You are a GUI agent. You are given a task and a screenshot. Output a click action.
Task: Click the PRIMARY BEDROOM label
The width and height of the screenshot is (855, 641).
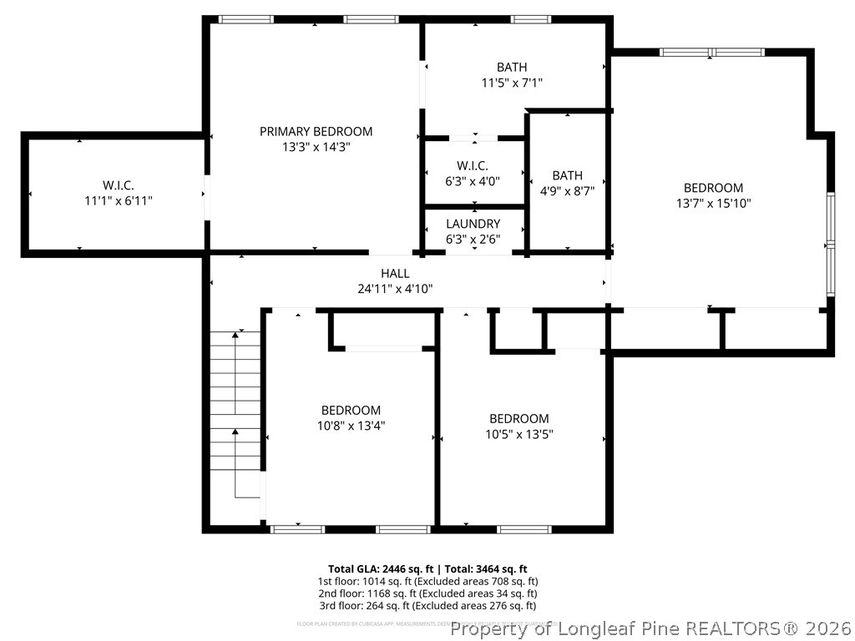click(x=316, y=131)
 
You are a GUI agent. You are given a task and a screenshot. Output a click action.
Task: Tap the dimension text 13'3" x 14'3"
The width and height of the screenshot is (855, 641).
click(x=316, y=147)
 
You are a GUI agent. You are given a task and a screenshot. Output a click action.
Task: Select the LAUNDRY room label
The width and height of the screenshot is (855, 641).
click(x=473, y=224)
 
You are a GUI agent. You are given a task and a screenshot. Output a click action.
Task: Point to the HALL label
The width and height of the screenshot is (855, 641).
click(x=395, y=273)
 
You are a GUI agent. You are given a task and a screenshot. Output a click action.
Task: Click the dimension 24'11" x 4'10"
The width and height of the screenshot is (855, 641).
click(x=395, y=289)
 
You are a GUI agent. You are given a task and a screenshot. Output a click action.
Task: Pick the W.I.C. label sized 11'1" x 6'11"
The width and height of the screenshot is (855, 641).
click(x=119, y=184)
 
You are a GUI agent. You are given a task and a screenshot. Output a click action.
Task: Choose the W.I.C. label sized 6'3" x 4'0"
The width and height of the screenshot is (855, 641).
click(x=473, y=165)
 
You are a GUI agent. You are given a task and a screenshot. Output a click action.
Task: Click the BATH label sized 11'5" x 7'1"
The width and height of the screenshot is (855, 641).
click(x=512, y=67)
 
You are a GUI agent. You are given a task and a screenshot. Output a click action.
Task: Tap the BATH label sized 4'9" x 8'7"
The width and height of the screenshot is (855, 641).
click(x=567, y=175)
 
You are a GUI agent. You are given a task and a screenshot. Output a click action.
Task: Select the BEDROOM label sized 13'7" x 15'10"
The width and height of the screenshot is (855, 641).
click(x=713, y=188)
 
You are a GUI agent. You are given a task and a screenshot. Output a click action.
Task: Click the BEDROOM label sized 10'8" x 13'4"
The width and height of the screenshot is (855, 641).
click(x=351, y=410)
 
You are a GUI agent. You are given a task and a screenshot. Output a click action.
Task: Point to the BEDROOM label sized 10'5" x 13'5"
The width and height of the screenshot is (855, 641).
click(x=519, y=418)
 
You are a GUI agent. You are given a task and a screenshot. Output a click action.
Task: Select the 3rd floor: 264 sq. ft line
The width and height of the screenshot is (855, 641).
click(x=427, y=605)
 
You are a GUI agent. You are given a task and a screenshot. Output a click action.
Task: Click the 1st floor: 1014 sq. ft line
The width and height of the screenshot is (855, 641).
click(x=427, y=581)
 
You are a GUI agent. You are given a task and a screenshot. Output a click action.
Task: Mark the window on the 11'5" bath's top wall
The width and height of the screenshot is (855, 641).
click(x=530, y=18)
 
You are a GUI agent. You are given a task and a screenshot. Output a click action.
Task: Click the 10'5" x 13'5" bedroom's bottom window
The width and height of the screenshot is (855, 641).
click(x=524, y=528)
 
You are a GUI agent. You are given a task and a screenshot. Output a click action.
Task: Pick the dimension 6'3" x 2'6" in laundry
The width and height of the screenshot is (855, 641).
click(x=473, y=240)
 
